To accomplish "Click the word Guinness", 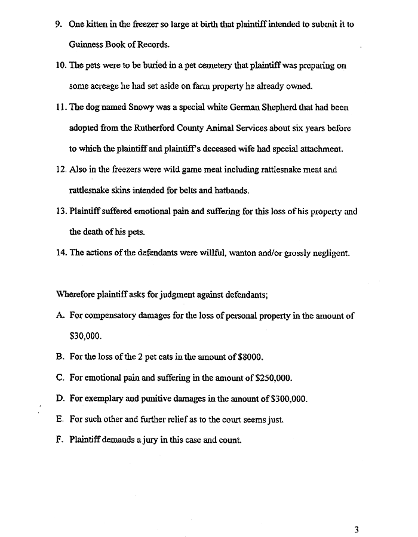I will tap(84, 45).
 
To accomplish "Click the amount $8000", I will tap(250, 357).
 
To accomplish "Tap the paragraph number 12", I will tap(61, 170).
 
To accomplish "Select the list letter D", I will tap(60, 399).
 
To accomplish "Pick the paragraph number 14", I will tap(61, 252).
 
